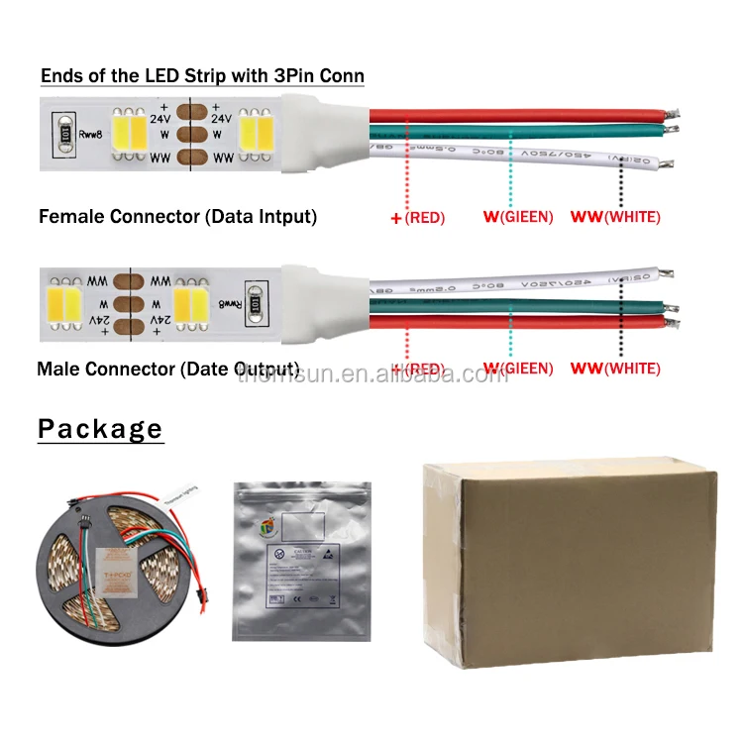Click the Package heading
(100, 429)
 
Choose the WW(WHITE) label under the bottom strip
(614, 370)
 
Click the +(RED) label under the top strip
(418, 217)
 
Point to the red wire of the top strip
(515, 112)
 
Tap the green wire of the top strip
(515, 135)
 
